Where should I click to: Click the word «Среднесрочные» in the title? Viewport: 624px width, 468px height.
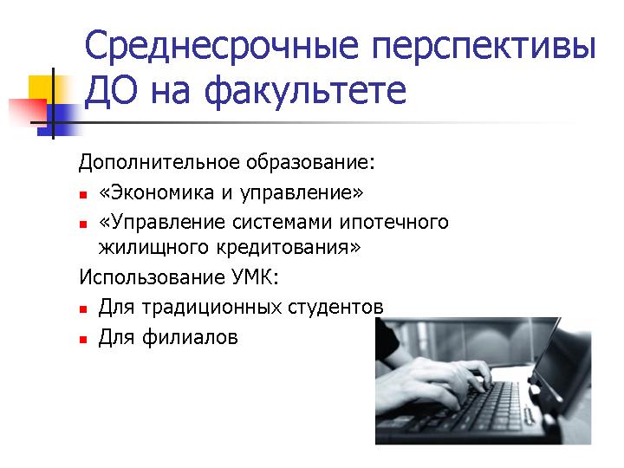(x=222, y=46)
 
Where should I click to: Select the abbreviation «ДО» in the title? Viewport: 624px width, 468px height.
(x=111, y=90)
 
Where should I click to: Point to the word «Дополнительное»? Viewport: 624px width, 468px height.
(x=159, y=162)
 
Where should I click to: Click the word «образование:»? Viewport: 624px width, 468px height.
(x=310, y=162)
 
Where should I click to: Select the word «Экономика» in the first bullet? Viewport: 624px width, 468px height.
(x=162, y=192)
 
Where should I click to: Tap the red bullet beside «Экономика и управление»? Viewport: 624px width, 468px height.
(x=83, y=195)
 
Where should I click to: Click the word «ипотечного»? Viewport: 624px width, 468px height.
(x=394, y=222)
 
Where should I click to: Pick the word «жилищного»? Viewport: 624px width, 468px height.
(x=153, y=248)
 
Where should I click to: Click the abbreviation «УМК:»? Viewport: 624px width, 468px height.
(x=255, y=277)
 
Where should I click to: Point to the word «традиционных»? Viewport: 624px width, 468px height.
(x=211, y=308)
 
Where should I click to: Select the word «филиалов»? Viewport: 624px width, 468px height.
(x=190, y=337)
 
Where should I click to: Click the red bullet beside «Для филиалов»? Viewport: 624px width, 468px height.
(x=83, y=340)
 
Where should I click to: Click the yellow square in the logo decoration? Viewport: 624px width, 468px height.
(x=41, y=88)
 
